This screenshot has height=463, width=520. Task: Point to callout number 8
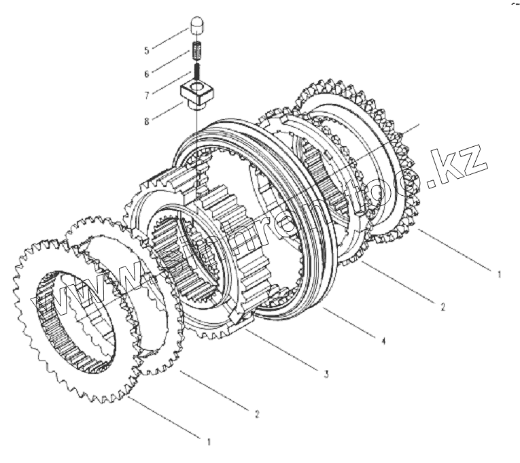[x=146, y=120]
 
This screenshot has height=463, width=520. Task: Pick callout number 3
[x=326, y=373]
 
